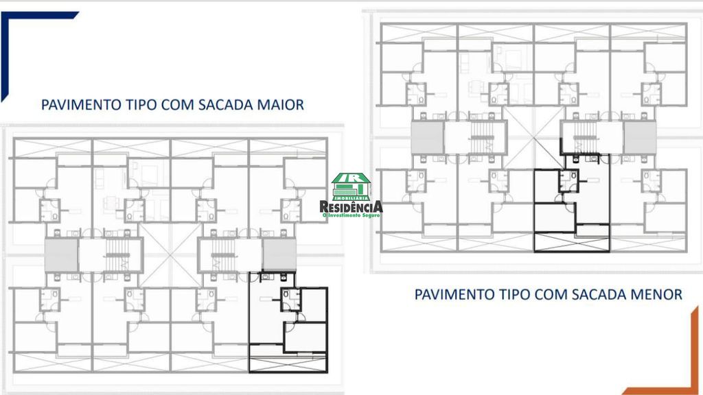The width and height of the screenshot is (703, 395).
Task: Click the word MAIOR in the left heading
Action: click(x=280, y=105)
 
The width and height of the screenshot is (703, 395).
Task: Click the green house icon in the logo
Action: click(x=351, y=187)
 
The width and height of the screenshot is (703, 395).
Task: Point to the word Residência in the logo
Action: click(x=351, y=206)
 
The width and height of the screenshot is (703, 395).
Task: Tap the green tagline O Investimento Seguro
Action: click(x=351, y=215)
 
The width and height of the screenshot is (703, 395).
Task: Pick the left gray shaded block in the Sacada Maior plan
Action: click(x=61, y=255)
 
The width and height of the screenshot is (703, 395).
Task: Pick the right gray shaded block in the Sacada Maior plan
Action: click(x=279, y=255)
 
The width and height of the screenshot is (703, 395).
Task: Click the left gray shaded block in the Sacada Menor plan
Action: click(x=428, y=137)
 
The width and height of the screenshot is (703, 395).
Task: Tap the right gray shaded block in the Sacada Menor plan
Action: click(x=640, y=137)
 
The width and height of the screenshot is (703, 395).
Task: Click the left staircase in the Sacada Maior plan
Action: click(x=117, y=255)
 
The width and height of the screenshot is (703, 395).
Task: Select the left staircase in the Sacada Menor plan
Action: click(x=483, y=137)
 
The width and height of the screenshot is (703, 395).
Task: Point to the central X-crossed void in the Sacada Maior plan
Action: click(x=171, y=255)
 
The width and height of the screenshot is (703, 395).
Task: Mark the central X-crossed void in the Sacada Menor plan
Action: click(x=533, y=137)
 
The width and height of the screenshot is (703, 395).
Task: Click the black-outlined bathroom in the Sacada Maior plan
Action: click(x=290, y=300)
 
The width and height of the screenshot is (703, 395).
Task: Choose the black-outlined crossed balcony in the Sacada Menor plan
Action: click(x=572, y=242)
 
